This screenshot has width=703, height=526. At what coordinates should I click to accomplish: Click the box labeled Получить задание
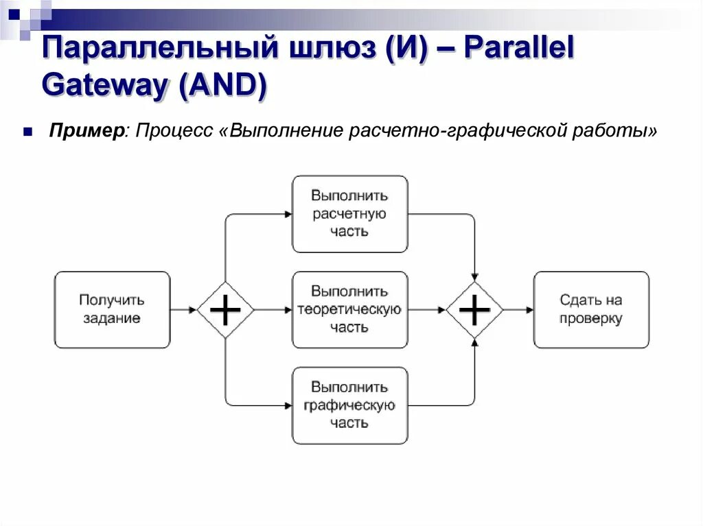coord(112,309)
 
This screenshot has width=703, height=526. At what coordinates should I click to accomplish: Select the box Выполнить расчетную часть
coord(349,213)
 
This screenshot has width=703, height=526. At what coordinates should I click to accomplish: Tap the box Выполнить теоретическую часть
coord(349,309)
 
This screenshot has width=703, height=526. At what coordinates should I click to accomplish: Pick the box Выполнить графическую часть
coord(349,405)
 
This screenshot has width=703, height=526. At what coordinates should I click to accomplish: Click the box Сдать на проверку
coord(590,309)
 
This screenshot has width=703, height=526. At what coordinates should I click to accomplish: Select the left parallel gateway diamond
coord(225,310)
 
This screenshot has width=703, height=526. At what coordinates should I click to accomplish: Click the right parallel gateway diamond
coord(474,310)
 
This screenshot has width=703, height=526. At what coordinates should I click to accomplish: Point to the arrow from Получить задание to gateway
coord(183,310)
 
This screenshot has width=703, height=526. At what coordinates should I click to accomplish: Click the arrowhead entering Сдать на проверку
coord(529,310)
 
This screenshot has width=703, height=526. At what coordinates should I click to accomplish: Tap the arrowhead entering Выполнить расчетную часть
coord(288,214)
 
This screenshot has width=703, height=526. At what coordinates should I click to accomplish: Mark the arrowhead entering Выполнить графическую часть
coord(288,405)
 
